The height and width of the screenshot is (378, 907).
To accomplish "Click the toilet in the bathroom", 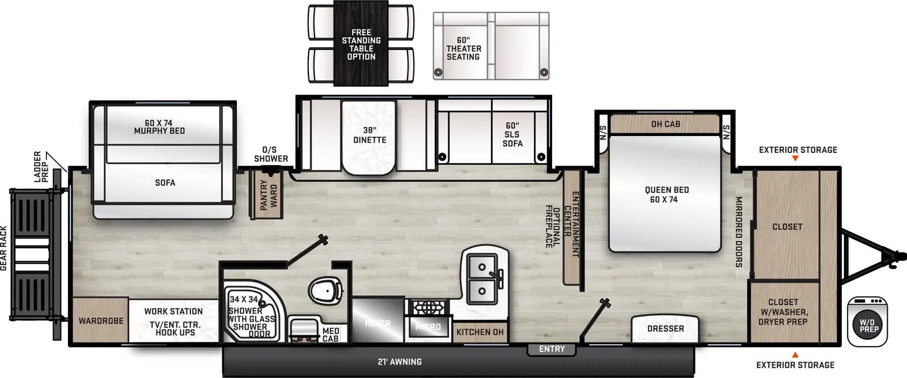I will click(325, 291).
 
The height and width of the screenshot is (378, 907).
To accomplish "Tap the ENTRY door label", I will click(552, 349).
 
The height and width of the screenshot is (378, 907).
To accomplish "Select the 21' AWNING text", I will click(400, 362).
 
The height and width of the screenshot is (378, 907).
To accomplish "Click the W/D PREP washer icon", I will click(867, 321).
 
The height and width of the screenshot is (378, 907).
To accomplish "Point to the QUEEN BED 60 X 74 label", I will click(666, 194).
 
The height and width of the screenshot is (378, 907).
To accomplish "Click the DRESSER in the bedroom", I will click(666, 329).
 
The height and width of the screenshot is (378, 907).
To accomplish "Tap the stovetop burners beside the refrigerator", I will click(428, 308).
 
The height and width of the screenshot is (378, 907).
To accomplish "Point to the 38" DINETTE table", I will click(369, 135).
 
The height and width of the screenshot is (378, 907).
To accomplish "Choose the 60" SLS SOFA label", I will click(512, 135).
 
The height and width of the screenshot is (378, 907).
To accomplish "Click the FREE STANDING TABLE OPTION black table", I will click(361, 44).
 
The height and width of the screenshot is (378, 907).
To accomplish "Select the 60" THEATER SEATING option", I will click(463, 49).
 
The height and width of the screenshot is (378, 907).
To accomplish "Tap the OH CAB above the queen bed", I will click(666, 124).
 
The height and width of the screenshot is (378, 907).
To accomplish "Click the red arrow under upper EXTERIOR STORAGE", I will click(795, 159).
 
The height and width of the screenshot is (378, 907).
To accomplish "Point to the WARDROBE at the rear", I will click(101, 321).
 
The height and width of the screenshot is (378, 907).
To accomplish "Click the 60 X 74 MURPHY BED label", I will click(159, 127).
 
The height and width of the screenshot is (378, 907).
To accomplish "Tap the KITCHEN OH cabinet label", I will click(480, 332).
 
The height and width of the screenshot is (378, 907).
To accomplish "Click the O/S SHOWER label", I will click(270, 154).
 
